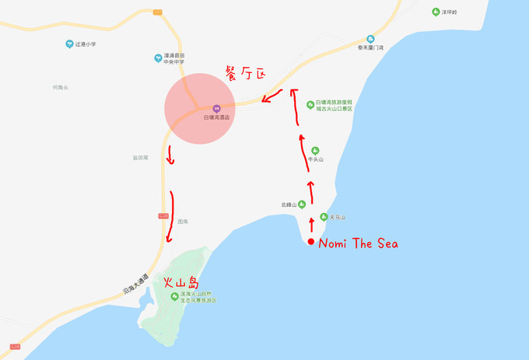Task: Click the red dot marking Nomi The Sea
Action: pyautogui.click(x=311, y=243)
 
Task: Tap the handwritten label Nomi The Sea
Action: pyautogui.click(x=359, y=244)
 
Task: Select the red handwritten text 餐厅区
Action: pyautogui.click(x=245, y=74)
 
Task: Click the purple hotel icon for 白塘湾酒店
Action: pyautogui.click(x=216, y=108)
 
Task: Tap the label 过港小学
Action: pyautogui.click(x=86, y=44)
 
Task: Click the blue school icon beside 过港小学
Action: pyautogui.click(x=69, y=44)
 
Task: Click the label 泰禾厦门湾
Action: pyautogui.click(x=371, y=47)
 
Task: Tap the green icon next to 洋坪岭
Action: pyautogui.click(x=436, y=12)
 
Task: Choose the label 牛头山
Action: pyautogui.click(x=315, y=159)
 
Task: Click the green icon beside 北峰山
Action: pyautogui.click(x=302, y=204)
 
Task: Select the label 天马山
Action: pyautogui.click(x=337, y=217)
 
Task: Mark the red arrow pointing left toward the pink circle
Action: pyautogui.click(x=272, y=98)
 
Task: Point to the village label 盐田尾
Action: pyautogui.click(x=140, y=157)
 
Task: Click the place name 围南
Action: pyautogui.click(x=182, y=221)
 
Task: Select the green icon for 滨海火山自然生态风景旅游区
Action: pyautogui.click(x=174, y=297)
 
